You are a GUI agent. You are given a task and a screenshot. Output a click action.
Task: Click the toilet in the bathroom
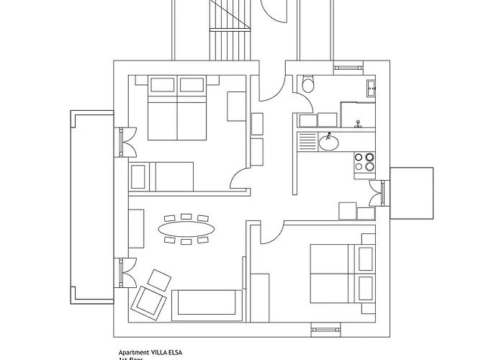(308, 86)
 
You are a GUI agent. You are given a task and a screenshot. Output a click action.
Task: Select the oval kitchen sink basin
(329, 143)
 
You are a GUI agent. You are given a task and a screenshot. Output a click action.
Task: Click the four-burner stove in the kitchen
(364, 163)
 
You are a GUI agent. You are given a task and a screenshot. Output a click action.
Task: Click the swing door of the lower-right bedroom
(269, 232)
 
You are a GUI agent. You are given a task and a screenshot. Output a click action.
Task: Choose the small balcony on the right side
(410, 192)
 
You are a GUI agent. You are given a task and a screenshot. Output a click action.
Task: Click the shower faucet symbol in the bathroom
(358, 125)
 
